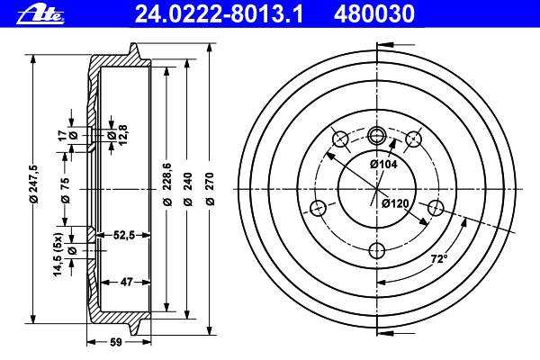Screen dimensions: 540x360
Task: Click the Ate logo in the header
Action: tap(40, 15)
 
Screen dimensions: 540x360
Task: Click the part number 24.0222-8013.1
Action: tap(219, 14)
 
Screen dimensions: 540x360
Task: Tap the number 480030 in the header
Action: tap(374, 14)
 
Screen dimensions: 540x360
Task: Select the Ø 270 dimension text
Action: tap(210, 189)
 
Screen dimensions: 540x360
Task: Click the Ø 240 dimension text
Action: tap(188, 189)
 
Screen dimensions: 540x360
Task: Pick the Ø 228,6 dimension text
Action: tap(167, 184)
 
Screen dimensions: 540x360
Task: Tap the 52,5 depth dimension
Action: tap(124, 235)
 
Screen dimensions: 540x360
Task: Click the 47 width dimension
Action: tap(126, 282)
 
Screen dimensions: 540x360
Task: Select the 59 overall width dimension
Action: tap(116, 342)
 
